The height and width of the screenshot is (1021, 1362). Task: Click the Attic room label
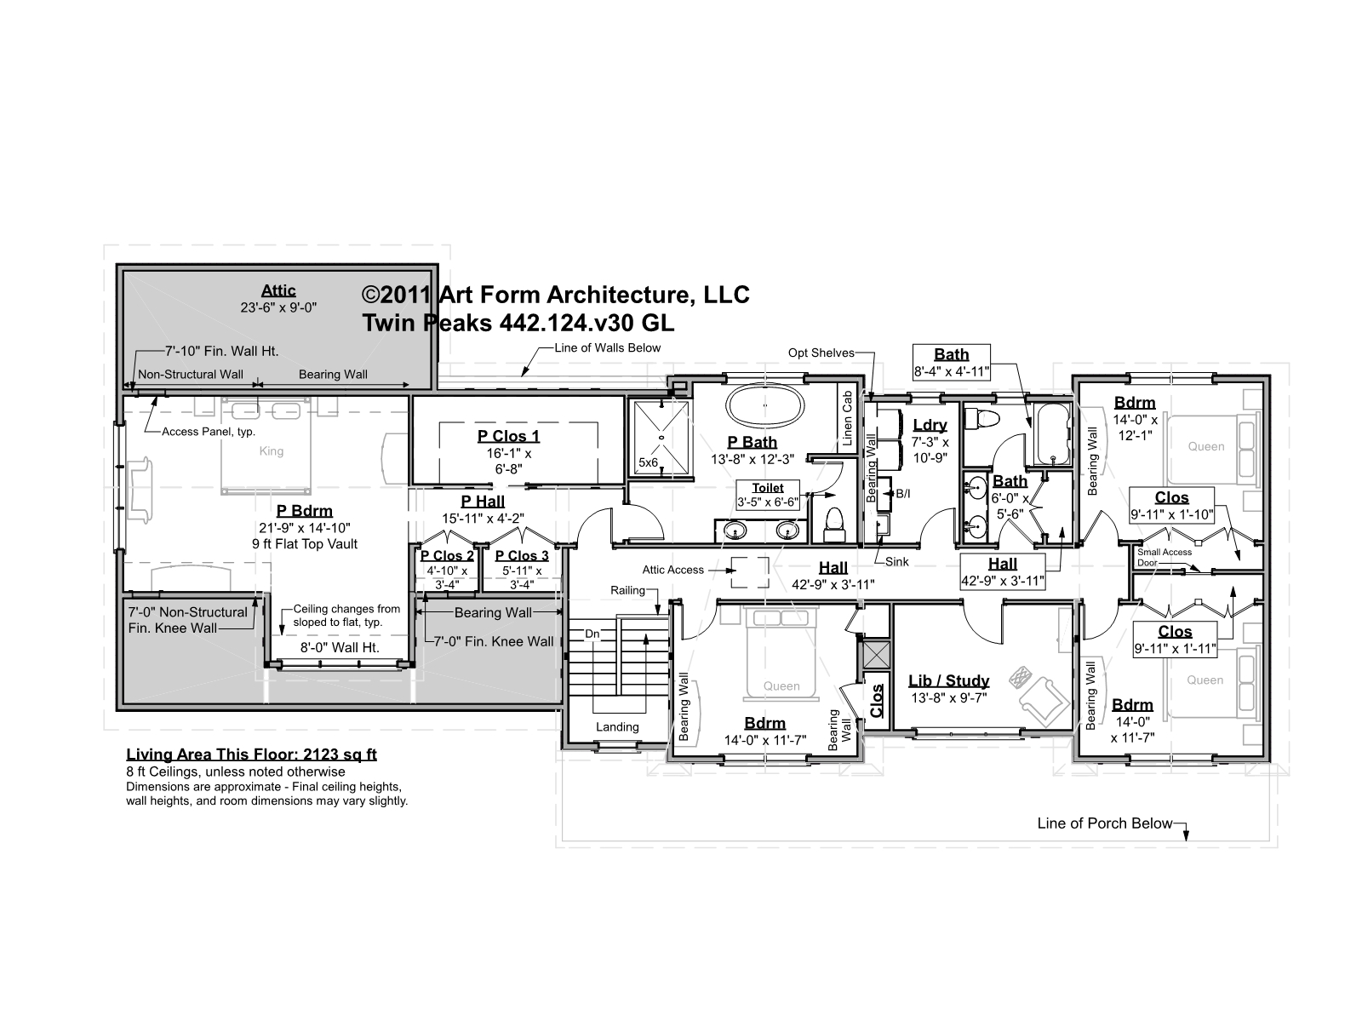278,290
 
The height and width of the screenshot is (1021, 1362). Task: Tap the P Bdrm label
304,510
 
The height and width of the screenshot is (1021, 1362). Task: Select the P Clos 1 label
508,436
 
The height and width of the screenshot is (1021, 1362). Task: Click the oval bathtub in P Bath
764,406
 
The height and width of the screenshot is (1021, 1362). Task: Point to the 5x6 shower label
648,462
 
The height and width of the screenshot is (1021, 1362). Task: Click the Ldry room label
930,425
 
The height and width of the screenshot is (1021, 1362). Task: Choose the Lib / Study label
948,680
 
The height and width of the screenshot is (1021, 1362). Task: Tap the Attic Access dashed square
750,571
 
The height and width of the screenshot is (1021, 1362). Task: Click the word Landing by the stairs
617,727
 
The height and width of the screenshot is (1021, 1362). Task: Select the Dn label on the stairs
592,634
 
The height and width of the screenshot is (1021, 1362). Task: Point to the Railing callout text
627,590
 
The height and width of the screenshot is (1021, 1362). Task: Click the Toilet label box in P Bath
768,495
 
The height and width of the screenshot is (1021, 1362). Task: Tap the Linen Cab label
847,418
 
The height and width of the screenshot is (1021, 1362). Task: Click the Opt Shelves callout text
821,353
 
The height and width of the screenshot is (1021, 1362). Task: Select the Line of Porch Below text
1104,823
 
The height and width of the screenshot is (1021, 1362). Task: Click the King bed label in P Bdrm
272,451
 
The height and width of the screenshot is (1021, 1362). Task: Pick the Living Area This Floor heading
251,754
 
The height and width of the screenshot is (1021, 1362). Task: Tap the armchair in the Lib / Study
1045,701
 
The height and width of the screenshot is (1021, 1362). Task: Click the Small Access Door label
1164,557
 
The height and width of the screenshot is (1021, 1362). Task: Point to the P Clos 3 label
522,555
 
